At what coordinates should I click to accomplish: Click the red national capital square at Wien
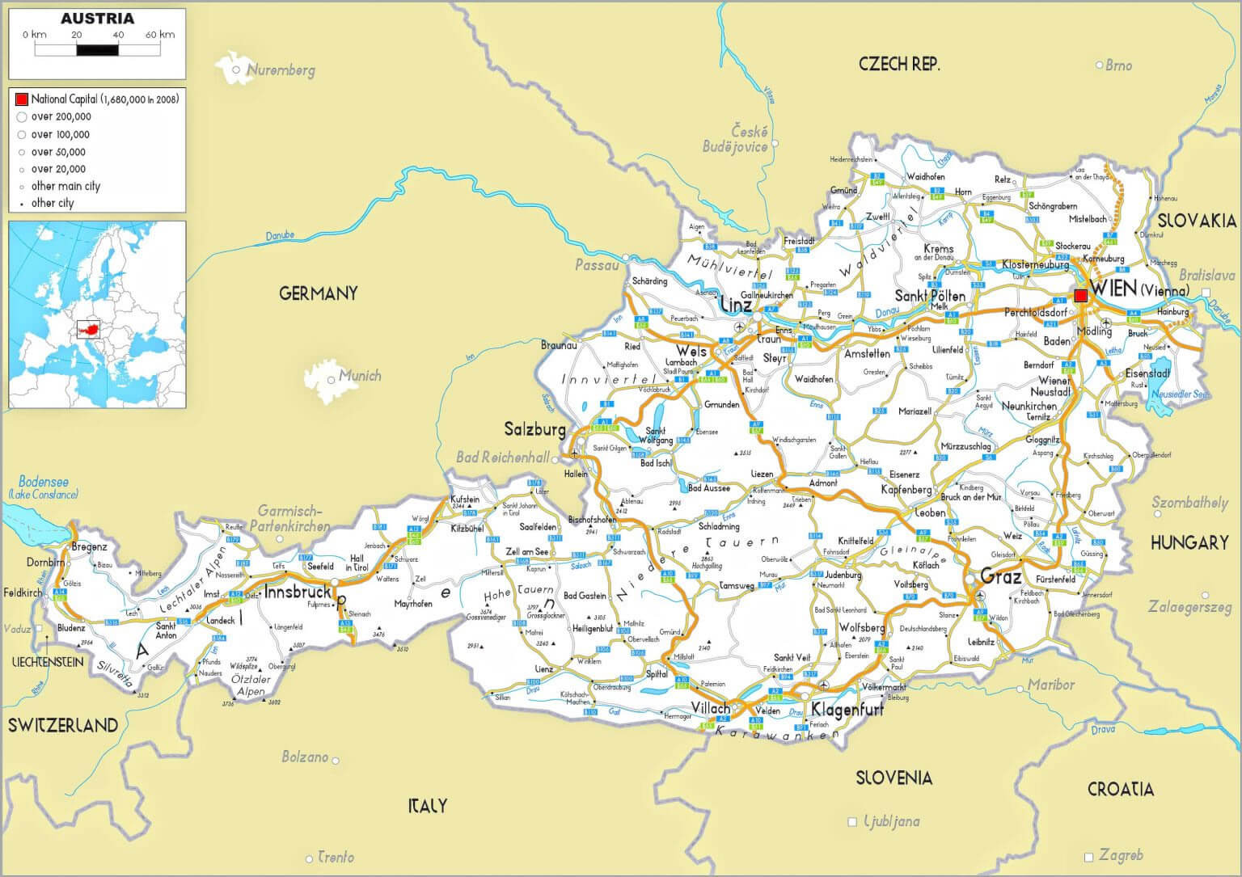point(1080,297)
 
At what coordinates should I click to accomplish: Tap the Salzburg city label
point(534,429)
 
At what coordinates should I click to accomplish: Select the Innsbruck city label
point(298,592)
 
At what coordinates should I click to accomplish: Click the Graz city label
point(1001,576)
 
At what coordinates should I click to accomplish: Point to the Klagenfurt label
point(847,710)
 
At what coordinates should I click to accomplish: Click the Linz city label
point(735,306)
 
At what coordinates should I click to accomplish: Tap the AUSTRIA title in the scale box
point(97,19)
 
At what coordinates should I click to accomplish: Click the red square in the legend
point(22,99)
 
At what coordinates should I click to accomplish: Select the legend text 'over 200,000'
point(61,117)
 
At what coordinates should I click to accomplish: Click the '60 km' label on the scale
point(160,35)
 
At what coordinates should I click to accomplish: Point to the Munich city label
point(360,376)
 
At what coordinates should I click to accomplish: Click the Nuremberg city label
point(280,70)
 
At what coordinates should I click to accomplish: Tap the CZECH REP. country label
point(899,65)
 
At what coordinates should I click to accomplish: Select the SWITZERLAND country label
point(63,725)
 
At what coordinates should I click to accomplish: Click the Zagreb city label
point(1121,855)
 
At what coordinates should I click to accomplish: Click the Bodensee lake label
point(43,482)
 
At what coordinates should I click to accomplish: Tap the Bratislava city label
point(1206,276)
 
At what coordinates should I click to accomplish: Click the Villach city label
point(711,708)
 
